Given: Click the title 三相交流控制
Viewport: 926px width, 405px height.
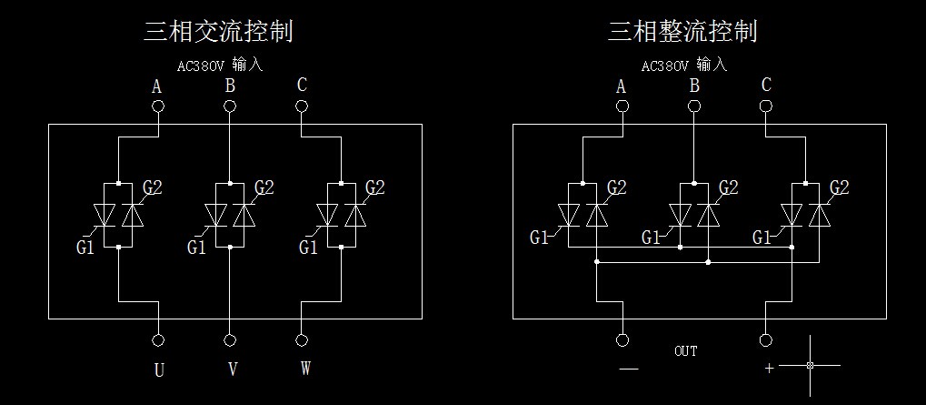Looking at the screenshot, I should click(x=218, y=32).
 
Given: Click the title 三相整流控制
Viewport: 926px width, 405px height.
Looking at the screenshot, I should click(x=682, y=32).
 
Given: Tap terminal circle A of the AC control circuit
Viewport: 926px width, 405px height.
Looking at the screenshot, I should click(x=158, y=106).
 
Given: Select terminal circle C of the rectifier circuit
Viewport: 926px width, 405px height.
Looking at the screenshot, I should click(x=766, y=106).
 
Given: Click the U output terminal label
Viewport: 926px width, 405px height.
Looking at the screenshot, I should click(x=158, y=370).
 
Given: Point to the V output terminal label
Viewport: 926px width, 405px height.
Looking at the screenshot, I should click(x=232, y=370).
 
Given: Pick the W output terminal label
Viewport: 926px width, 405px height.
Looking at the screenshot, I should click(x=304, y=370).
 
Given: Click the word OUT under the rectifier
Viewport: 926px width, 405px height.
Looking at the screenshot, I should click(x=686, y=350).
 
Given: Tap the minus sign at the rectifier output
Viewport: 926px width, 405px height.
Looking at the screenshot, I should click(x=628, y=369).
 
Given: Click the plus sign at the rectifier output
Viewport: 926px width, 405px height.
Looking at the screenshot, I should click(x=769, y=369).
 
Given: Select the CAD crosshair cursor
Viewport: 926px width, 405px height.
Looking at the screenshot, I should click(x=810, y=365).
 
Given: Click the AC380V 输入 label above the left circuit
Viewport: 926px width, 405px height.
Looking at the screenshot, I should click(x=220, y=66).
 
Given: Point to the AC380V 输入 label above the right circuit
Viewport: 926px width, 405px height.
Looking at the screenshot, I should click(x=684, y=66).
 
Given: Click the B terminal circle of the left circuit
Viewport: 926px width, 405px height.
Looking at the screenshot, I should click(x=229, y=106).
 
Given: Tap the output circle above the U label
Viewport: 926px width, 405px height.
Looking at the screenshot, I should click(x=158, y=339).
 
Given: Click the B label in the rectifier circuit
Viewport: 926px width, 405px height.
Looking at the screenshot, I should click(x=694, y=86).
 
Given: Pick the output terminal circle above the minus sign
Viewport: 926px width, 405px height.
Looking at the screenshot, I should click(x=622, y=339).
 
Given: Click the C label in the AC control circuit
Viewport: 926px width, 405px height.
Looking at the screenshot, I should click(x=302, y=86).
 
